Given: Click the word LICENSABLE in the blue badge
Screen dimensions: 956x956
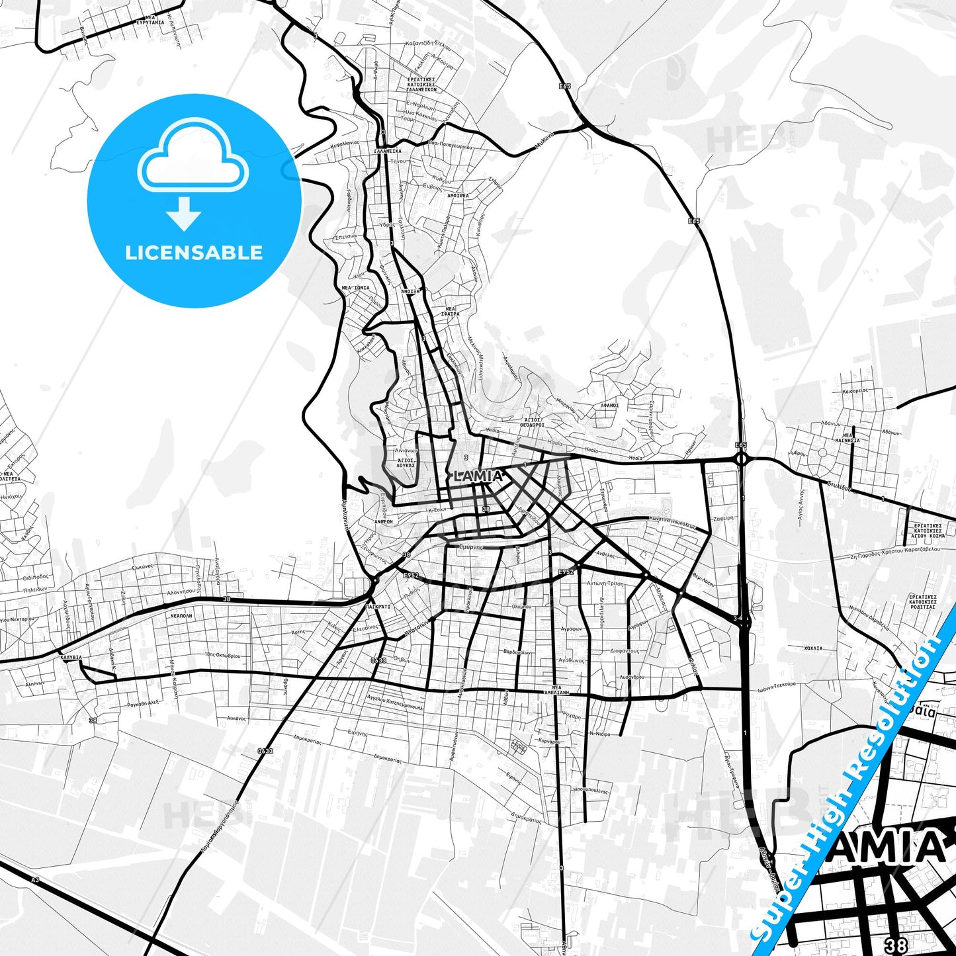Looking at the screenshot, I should click(x=194, y=252).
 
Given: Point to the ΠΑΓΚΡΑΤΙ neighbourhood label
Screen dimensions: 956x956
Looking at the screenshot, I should click(x=378, y=606).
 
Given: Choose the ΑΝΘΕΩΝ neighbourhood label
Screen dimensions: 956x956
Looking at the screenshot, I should click(x=384, y=521).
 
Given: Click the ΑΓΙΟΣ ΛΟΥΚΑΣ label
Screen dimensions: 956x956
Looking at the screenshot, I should click(x=405, y=462).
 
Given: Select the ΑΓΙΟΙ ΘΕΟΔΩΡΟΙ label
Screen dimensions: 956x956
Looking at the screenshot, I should click(x=531, y=422).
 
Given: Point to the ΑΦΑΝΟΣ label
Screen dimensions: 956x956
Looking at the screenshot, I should click(x=609, y=405).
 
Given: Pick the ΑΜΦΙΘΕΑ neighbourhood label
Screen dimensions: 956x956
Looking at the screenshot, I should click(x=458, y=196).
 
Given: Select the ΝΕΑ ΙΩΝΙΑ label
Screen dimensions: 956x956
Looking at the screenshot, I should click(x=356, y=288).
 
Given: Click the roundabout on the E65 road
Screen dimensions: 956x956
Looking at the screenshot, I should click(x=741, y=458).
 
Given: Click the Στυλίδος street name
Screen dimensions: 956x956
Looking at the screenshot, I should click(x=841, y=487).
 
